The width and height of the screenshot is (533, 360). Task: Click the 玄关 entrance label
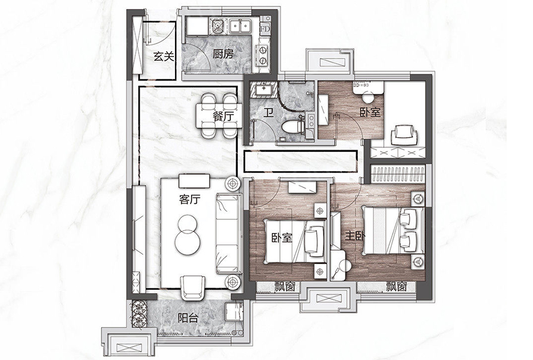[164, 56]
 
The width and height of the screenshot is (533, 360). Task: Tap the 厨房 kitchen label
[223, 54]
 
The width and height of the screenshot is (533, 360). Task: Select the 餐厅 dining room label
[223, 117]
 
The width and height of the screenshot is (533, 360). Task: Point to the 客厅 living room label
[190, 200]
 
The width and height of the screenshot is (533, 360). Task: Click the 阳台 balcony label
[188, 318]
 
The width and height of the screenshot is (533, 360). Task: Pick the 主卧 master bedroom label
[354, 237]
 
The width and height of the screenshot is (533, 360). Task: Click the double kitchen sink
[240, 26]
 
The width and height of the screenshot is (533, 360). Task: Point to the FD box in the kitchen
[265, 29]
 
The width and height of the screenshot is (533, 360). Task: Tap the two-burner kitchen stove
[262, 55]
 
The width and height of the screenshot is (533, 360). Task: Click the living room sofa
[228, 234]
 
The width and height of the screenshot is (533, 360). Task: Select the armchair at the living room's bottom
[193, 287]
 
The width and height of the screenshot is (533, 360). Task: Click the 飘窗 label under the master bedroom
[396, 287]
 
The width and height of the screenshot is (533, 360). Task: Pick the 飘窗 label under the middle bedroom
[285, 287]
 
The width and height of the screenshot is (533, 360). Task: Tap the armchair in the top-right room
[404, 135]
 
